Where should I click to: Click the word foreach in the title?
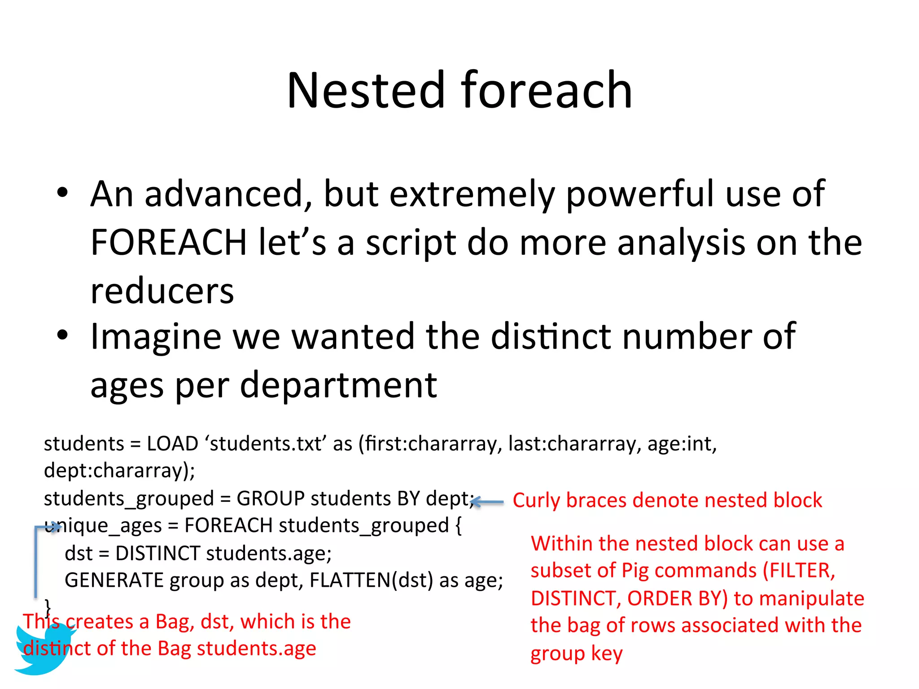547,91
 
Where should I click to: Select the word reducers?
162,291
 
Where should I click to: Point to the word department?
338,385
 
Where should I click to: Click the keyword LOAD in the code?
172,444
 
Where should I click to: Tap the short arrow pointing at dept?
488,502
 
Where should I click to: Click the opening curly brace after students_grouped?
458,526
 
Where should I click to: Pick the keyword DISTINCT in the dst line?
158,554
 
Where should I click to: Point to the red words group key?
576,654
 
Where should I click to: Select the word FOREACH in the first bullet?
168,242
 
